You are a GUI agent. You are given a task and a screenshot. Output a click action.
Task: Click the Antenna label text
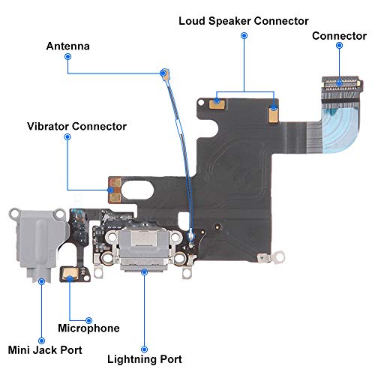click(x=68, y=46)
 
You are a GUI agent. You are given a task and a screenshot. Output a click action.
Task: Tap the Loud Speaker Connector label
click(x=244, y=21)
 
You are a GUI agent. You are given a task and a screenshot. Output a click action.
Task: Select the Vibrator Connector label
click(x=76, y=126)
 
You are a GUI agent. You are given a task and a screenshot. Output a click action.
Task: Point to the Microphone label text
click(x=88, y=328)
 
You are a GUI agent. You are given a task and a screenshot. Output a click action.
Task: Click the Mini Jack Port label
click(x=45, y=350)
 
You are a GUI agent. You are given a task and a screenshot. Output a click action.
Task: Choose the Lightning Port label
click(x=145, y=359)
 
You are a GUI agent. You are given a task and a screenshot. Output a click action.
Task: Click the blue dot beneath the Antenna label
click(x=67, y=57)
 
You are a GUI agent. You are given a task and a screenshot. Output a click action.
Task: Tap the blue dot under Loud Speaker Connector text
click(x=244, y=36)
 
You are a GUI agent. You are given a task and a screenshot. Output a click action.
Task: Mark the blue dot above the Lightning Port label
click(x=144, y=349)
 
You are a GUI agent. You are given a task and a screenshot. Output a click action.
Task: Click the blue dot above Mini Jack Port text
click(x=41, y=340)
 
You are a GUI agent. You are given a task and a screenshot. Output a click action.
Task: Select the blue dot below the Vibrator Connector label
click(x=67, y=136)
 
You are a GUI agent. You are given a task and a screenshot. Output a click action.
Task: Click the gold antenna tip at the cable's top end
click(x=166, y=74)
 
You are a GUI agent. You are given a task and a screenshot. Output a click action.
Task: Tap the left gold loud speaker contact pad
click(x=217, y=103)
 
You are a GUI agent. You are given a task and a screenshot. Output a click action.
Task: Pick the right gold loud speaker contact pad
click(x=274, y=114)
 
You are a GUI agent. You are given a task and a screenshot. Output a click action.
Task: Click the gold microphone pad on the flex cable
click(x=70, y=273)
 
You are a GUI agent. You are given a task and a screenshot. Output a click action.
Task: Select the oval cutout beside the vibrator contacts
click(x=138, y=190)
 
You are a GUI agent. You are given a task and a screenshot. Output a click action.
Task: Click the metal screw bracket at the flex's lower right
click(x=271, y=257)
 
